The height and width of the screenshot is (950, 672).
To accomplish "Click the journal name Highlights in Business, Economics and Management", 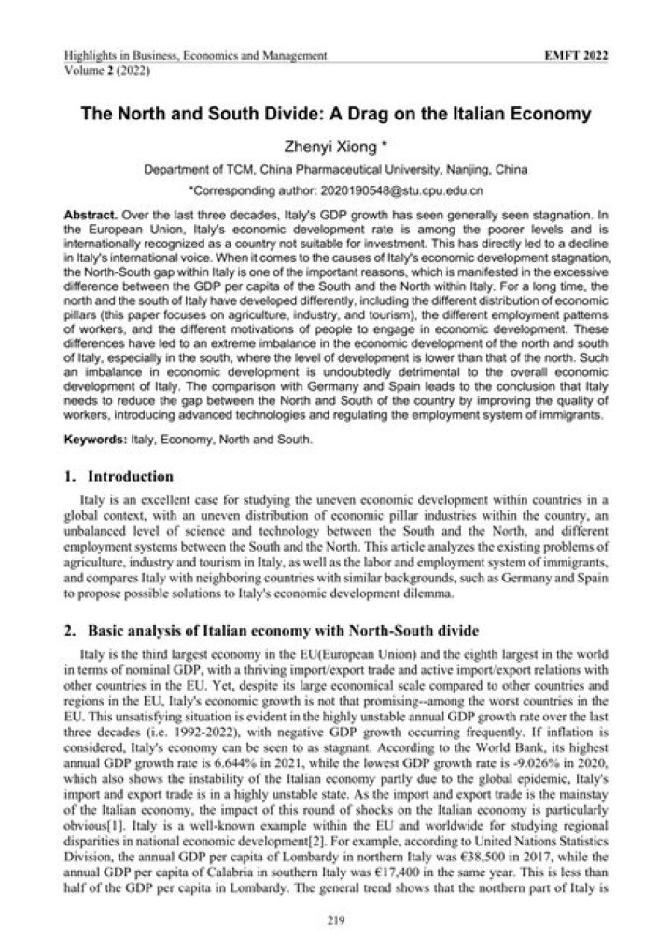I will pyautogui.click(x=195, y=57).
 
